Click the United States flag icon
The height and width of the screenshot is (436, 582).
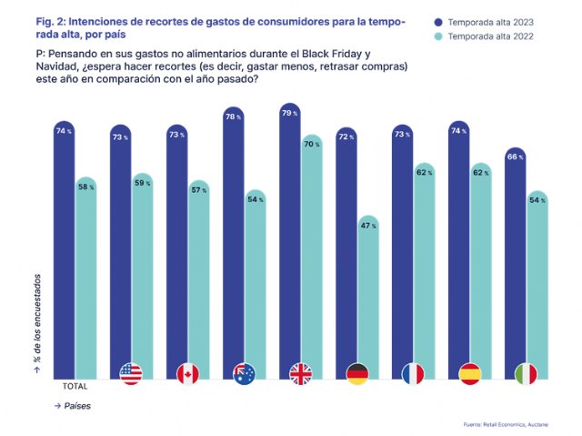click(x=132, y=373)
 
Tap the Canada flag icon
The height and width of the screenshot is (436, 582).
click(x=188, y=373)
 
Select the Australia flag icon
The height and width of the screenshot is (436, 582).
click(x=245, y=373)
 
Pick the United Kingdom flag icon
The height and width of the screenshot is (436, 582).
click(x=301, y=373)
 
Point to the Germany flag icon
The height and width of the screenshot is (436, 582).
click(x=357, y=373)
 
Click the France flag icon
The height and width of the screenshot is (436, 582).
click(x=414, y=373)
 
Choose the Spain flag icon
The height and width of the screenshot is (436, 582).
click(x=470, y=373)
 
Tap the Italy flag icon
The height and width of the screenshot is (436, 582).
click(x=527, y=373)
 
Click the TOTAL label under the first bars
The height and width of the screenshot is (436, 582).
click(x=75, y=386)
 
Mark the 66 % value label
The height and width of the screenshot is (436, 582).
click(x=517, y=157)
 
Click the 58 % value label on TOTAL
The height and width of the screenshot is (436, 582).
click(x=86, y=187)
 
